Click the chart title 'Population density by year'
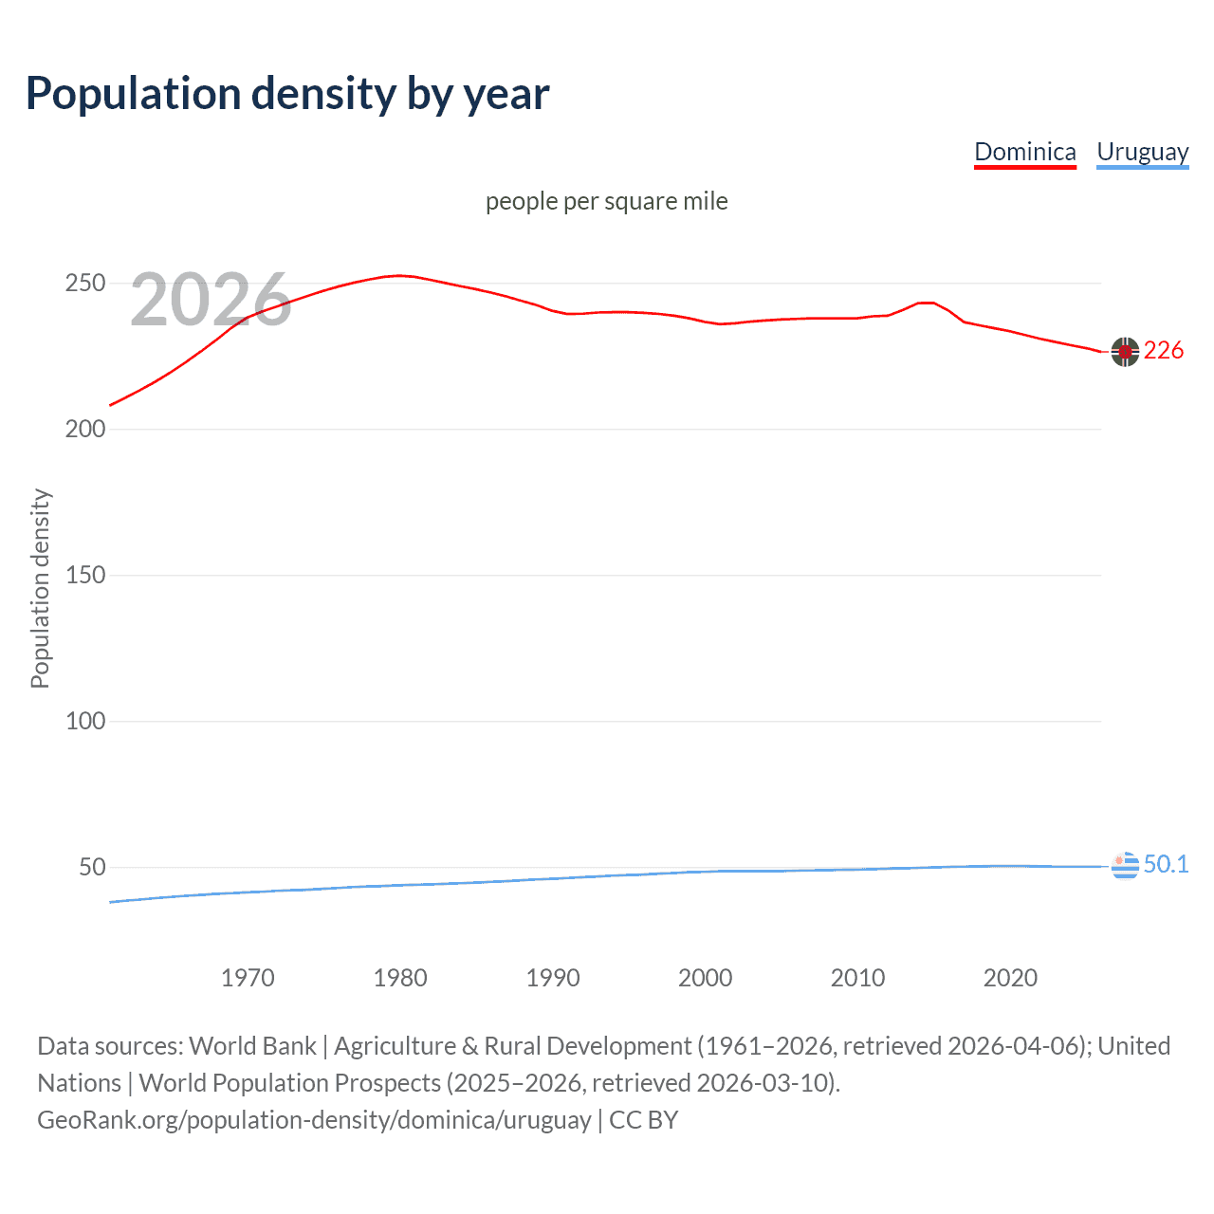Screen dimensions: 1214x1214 tap(287, 94)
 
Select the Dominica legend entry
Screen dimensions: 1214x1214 tap(1024, 152)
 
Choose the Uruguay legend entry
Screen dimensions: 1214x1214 tap(1142, 152)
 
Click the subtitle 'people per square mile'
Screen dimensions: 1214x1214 tap(607, 201)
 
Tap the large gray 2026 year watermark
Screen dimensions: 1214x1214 tap(211, 300)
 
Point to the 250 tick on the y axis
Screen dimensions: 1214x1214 tap(84, 284)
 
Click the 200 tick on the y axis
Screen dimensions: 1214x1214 tap(84, 430)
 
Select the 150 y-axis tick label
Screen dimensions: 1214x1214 tap(84, 576)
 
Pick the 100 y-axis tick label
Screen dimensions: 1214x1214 tap(84, 722)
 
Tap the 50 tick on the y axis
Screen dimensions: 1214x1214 tap(92, 868)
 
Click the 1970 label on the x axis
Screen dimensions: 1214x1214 tap(248, 978)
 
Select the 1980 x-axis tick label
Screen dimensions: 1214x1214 tap(400, 978)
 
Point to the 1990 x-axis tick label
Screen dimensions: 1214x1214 tap(553, 978)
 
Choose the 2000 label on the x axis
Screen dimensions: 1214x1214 tap(705, 978)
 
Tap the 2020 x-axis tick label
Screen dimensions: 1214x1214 tap(1010, 978)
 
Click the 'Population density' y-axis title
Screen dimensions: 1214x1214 tap(40, 588)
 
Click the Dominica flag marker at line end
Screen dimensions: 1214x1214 tap(1125, 352)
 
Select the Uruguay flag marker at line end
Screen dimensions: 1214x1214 tap(1125, 865)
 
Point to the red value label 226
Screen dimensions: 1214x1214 tap(1164, 351)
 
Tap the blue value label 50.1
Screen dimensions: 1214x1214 tap(1166, 864)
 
